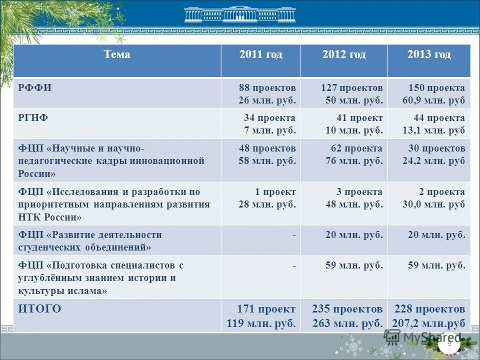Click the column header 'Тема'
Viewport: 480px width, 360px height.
tap(117, 54)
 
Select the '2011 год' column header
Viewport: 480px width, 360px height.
tap(260, 54)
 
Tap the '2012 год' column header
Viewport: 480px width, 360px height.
tap(343, 54)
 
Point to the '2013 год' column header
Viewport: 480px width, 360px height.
tap(428, 54)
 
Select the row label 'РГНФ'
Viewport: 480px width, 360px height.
tap(33, 118)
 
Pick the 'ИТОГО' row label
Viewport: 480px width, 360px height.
tap(39, 309)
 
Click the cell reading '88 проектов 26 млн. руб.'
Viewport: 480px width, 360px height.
tap(267, 94)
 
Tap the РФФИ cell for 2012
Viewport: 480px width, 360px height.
tap(351, 94)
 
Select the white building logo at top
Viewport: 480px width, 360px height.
tap(239, 14)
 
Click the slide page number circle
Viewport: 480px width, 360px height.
tap(448, 343)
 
